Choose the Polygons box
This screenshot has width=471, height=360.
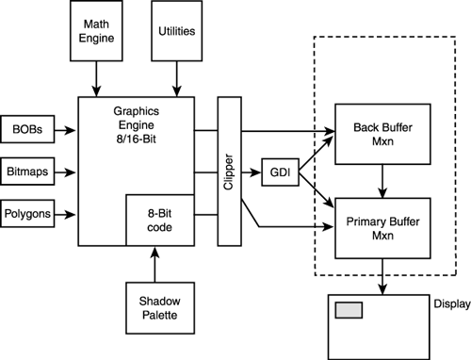point(24,212)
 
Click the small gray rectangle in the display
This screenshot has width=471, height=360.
point(349,311)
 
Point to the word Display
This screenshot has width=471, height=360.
point(449,303)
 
